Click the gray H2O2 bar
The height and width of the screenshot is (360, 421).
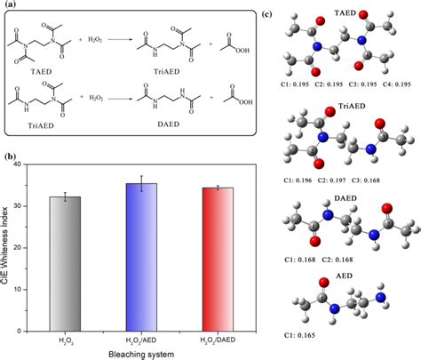(65, 264)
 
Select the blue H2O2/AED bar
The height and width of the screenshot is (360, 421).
(141, 257)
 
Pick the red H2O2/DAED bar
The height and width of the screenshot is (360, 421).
(218, 260)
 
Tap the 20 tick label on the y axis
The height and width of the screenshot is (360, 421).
(18, 248)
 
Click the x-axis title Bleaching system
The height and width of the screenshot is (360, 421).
(141, 355)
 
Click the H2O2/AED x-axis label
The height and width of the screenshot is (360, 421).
(141, 340)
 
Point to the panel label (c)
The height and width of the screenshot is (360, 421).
(267, 14)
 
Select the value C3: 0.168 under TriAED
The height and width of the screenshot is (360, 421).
(366, 180)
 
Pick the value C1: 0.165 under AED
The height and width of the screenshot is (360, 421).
(299, 335)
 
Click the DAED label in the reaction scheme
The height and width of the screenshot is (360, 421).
(169, 124)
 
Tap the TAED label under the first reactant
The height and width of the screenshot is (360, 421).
(41, 72)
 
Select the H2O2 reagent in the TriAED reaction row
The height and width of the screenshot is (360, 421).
(96, 98)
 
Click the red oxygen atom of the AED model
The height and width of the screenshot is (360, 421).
(324, 282)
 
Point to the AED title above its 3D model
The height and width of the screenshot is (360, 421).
(345, 276)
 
